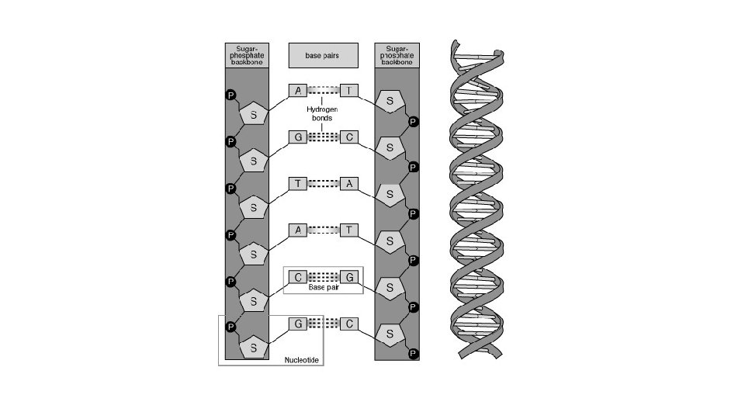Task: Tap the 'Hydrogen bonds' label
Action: point(320,114)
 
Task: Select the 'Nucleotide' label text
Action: point(302,360)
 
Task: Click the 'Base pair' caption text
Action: point(323,287)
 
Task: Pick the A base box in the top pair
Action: point(298,91)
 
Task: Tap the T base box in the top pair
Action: point(350,91)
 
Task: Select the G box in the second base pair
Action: point(298,137)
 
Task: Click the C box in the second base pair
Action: point(350,137)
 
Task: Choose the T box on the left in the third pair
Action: point(298,184)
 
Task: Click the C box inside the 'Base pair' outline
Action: point(298,276)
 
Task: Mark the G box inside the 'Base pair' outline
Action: point(350,276)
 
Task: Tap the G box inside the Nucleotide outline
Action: point(298,324)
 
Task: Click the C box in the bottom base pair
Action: point(350,324)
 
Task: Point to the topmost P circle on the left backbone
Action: point(230,95)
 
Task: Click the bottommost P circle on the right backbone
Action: point(413,354)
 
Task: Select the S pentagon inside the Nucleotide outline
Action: point(252,346)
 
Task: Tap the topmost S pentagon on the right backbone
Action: point(390,102)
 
